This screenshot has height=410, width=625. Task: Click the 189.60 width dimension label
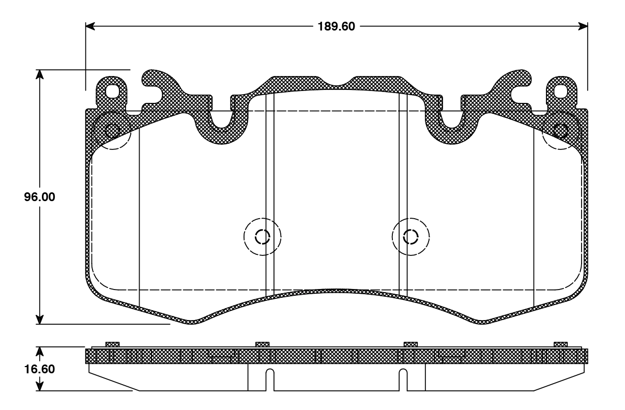point(336,26)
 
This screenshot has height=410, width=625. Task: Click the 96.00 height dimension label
point(39,198)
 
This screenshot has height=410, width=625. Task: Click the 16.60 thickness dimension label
point(39,369)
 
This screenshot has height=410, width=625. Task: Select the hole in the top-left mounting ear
point(112,91)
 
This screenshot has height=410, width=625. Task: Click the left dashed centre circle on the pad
point(262,237)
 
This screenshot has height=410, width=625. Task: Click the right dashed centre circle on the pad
point(410,237)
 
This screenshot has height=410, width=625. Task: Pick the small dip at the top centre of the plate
point(337,83)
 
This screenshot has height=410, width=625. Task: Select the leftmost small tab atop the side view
point(112,344)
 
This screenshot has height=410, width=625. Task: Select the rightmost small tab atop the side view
point(560,344)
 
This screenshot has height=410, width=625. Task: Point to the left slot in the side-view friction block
point(269,380)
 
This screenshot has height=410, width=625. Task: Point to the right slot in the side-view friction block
point(403,380)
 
